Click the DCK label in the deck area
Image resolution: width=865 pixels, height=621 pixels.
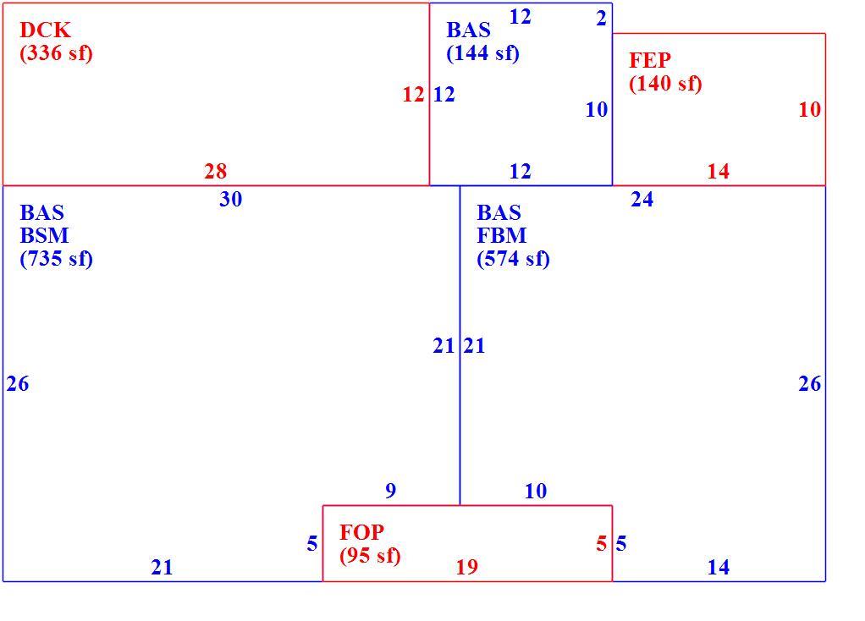[45, 30]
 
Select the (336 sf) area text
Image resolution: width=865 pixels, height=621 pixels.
[56, 53]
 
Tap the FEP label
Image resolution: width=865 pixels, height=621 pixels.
[650, 60]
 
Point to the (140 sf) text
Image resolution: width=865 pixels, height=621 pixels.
[665, 83]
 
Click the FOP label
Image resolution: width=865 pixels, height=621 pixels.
[361, 532]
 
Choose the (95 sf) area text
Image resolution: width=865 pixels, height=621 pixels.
[370, 555]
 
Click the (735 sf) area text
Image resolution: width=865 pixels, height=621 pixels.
[56, 259]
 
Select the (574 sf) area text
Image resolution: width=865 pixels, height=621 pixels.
[513, 259]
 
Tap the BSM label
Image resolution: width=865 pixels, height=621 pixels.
[44, 235]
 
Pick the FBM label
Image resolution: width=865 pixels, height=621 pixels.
[501, 235]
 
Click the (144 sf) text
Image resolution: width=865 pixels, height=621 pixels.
[482, 53]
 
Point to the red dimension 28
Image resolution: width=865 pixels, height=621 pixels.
[215, 171]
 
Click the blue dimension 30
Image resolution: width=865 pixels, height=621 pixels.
[230, 199]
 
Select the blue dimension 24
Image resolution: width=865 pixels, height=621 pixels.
[642, 199]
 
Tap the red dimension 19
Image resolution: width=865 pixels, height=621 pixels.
[466, 567]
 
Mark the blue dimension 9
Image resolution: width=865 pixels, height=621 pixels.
[390, 491]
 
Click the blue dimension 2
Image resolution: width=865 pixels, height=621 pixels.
[601, 19]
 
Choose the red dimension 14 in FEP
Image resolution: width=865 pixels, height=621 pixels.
[719, 171]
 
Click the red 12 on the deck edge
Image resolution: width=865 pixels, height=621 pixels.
[413, 95]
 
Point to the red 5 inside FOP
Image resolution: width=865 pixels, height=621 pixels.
[601, 544]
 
